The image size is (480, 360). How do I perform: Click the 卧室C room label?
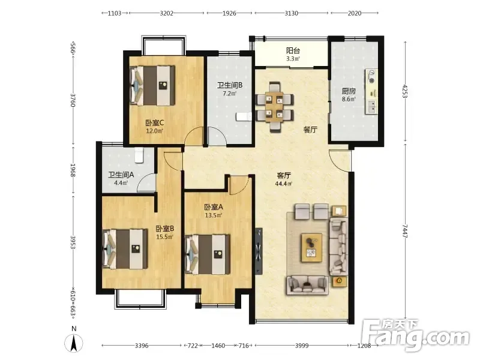[x=155, y=123]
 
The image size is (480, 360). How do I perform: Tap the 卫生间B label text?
[x=230, y=85]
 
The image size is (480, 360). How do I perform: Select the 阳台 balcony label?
[x=293, y=50]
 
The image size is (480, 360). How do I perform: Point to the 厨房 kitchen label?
[x=349, y=91]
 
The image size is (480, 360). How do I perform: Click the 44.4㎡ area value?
[x=283, y=184]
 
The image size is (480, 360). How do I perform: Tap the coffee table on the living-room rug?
[x=311, y=248]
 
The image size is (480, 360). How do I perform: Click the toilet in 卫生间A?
[x=139, y=155]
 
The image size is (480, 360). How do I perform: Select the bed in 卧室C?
[x=152, y=85]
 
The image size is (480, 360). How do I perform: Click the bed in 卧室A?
[x=208, y=254]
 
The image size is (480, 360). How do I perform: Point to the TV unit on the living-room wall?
[x=259, y=251]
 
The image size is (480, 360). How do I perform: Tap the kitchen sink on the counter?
[x=372, y=107]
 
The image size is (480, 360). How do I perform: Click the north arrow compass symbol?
[x=74, y=343]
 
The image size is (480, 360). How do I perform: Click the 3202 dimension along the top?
[x=167, y=13]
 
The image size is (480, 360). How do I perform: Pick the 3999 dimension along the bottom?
[x=302, y=346]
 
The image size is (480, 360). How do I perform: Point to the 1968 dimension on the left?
[x=73, y=170]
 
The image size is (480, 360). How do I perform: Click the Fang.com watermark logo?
[x=415, y=335]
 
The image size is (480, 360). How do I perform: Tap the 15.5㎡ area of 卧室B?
[x=164, y=236]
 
